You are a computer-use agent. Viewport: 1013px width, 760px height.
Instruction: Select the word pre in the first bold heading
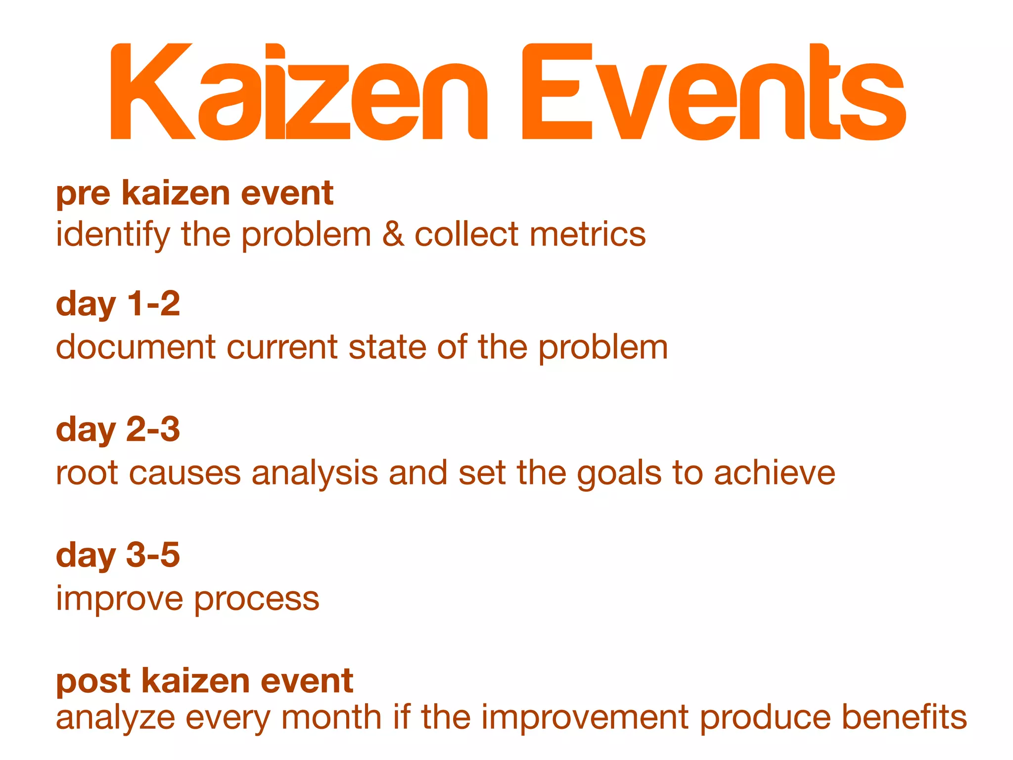click(83, 194)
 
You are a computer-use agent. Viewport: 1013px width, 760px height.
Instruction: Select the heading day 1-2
click(118, 304)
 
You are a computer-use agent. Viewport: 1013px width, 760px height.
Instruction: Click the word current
click(282, 347)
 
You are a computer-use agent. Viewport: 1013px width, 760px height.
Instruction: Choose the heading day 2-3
click(118, 430)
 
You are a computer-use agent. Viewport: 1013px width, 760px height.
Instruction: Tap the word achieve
click(774, 473)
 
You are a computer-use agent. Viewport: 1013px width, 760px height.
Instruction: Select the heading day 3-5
click(118, 556)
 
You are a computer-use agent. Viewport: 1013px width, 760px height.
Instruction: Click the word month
click(331, 717)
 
